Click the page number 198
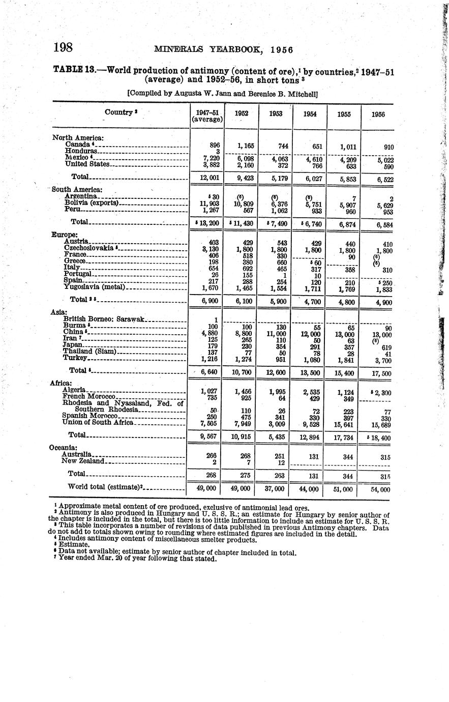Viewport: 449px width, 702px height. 64,48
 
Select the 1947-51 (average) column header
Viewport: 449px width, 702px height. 207,115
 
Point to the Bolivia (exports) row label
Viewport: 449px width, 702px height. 92,203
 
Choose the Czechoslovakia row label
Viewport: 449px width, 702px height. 89,248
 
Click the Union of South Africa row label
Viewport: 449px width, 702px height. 97,422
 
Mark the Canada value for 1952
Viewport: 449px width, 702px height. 246,146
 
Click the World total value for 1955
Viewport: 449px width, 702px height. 343,489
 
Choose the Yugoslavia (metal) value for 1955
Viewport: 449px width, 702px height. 344,289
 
